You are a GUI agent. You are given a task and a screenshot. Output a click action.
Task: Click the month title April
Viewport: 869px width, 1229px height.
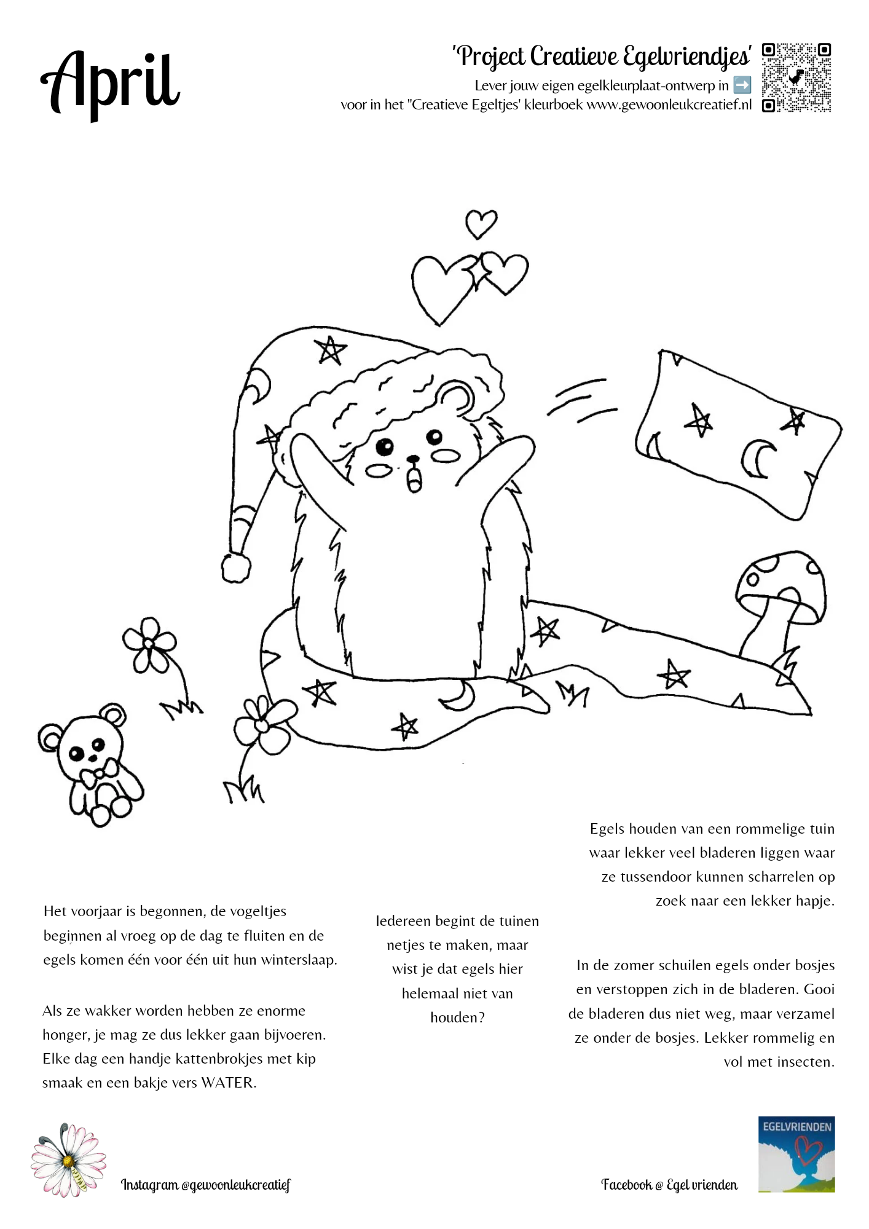pos(111,83)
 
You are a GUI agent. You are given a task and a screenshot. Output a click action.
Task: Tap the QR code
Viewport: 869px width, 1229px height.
pos(796,77)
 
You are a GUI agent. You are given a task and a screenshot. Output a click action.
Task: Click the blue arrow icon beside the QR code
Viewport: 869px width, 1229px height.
pos(742,85)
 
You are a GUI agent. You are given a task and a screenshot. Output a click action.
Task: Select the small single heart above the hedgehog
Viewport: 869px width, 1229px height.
pos(481,224)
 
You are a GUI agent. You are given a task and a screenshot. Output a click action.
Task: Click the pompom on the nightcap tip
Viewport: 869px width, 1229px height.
pos(236,567)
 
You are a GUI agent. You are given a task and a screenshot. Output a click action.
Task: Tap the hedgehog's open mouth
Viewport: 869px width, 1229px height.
pos(415,480)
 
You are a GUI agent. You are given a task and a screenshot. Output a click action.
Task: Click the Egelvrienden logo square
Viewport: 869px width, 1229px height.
pos(796,1154)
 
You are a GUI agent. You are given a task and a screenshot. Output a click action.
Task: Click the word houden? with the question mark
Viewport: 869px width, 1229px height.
pos(457,1018)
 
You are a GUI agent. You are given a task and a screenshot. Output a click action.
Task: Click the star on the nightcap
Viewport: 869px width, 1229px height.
pos(330,350)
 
